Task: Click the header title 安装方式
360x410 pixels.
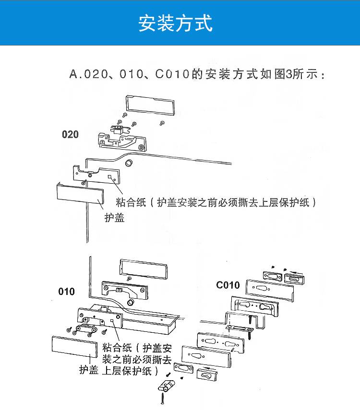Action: click(175, 23)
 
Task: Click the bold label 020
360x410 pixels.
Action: click(70, 134)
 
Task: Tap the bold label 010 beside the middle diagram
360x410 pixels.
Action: click(67, 291)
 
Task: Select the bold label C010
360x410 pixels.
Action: click(228, 285)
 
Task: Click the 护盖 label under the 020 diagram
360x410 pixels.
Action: click(115, 218)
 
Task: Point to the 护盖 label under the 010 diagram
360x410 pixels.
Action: click(89, 370)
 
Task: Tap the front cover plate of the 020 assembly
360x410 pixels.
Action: click(80, 195)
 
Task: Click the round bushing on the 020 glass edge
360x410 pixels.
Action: click(129, 163)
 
